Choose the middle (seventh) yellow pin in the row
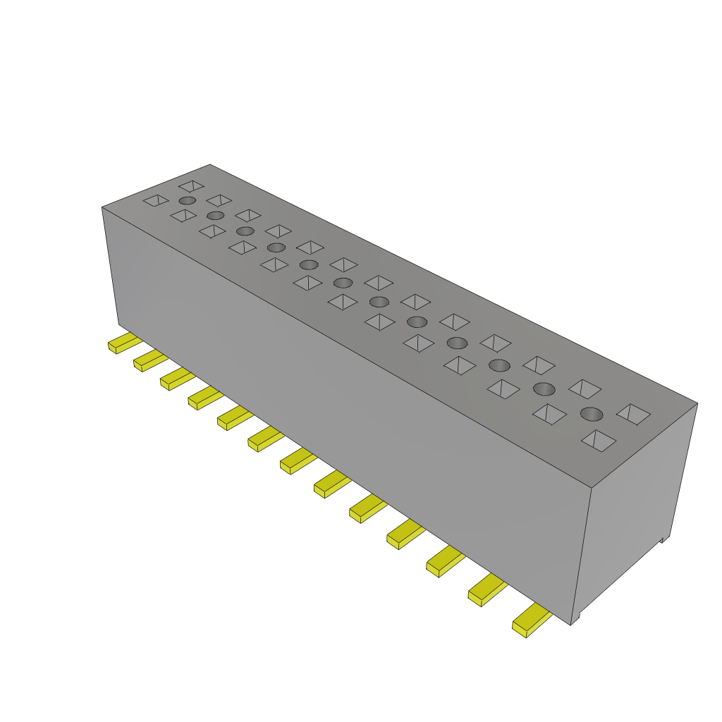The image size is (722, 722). [x=297, y=461]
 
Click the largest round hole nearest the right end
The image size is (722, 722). [x=592, y=413]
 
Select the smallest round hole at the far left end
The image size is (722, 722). [x=187, y=201]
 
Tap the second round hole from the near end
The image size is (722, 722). [x=544, y=388]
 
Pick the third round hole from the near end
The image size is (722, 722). [x=499, y=365]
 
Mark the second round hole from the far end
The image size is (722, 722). [x=216, y=215]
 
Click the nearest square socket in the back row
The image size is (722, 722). [x=633, y=414]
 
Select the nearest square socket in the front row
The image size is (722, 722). [x=599, y=441]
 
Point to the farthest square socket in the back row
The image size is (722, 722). [x=191, y=186]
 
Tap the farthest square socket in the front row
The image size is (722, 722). [x=156, y=201]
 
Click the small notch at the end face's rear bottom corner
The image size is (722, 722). [x=663, y=539]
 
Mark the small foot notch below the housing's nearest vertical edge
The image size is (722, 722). [x=575, y=620]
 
